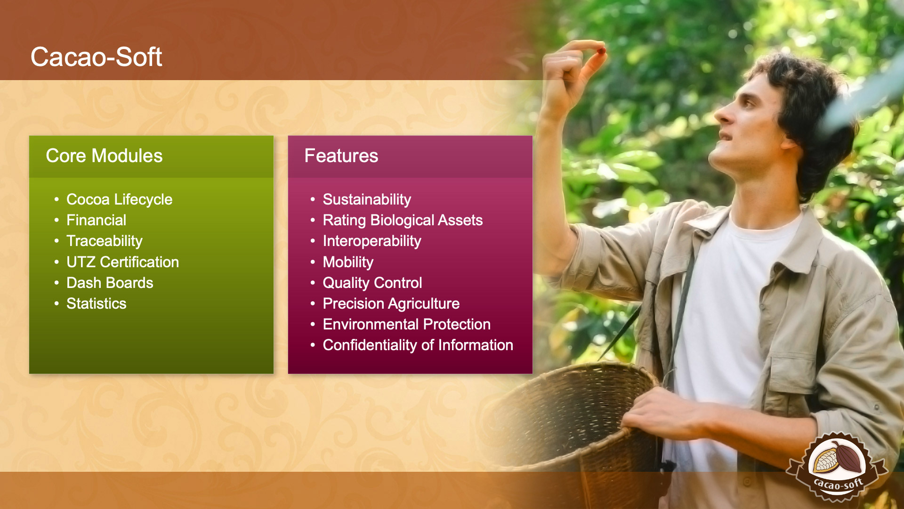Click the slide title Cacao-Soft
pyautogui.click(x=96, y=57)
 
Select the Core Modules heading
pyautogui.click(x=104, y=156)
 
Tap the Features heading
pyautogui.click(x=341, y=156)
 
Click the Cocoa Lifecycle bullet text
pyautogui.click(x=120, y=199)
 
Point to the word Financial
pyautogui.click(x=97, y=220)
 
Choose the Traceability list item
pyautogui.click(x=105, y=241)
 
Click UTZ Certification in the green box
pyautogui.click(x=123, y=262)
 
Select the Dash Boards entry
pyautogui.click(x=110, y=283)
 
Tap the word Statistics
pyautogui.click(x=97, y=304)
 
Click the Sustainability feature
pyautogui.click(x=367, y=199)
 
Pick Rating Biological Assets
pyautogui.click(x=403, y=220)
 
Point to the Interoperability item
pyautogui.click(x=372, y=241)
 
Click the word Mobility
pyautogui.click(x=348, y=262)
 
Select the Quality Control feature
pyautogui.click(x=372, y=283)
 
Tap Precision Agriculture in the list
pyautogui.click(x=391, y=304)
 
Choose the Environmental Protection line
pyautogui.click(x=407, y=324)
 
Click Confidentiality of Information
pyautogui.click(x=418, y=345)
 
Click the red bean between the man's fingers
pyautogui.click(x=601, y=50)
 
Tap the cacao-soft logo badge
pyautogui.click(x=837, y=466)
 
